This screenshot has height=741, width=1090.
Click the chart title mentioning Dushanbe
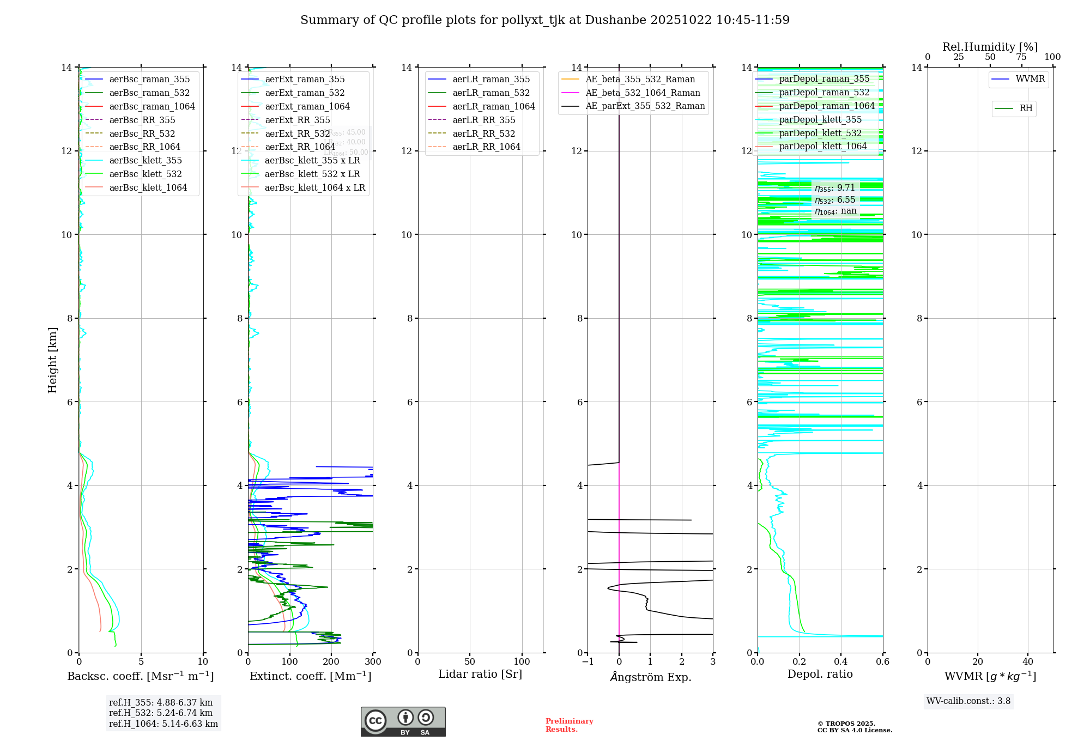click(545, 20)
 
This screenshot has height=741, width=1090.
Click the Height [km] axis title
click(52, 360)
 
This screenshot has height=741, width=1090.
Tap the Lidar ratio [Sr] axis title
click(480, 675)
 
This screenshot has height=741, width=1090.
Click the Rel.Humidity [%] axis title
click(990, 47)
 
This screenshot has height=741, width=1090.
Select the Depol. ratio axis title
click(820, 675)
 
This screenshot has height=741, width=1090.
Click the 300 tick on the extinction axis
click(373, 662)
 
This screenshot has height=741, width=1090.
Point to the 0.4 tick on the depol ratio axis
click(841, 662)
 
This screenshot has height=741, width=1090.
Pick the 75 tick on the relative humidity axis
click(1021, 57)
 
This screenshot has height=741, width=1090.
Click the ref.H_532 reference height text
click(161, 713)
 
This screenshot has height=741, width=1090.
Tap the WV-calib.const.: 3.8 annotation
click(968, 701)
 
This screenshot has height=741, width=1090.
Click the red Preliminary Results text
click(569, 725)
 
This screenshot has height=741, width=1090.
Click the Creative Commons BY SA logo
click(403, 722)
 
